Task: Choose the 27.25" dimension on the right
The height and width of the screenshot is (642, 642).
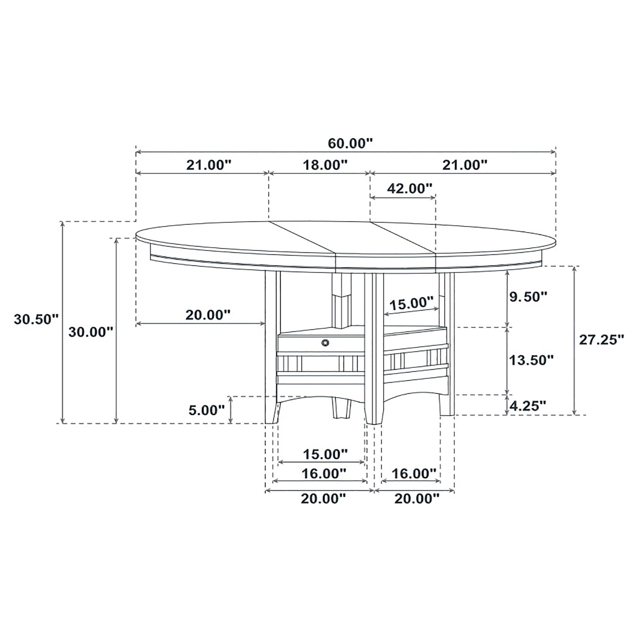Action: (601, 339)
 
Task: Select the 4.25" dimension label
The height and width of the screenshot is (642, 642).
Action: (528, 406)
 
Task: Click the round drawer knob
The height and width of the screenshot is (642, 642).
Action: (325, 342)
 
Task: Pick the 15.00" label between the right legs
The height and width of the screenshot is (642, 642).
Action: (411, 303)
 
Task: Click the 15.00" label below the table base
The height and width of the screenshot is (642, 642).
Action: (325, 454)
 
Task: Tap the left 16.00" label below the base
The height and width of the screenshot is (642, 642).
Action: (324, 474)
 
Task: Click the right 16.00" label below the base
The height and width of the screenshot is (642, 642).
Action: (414, 474)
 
